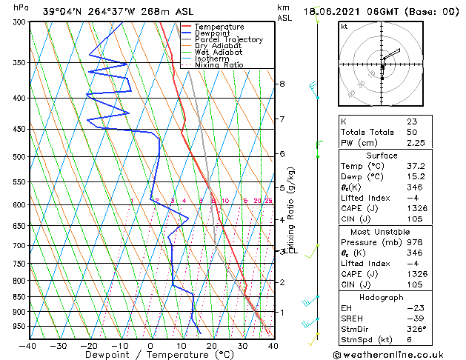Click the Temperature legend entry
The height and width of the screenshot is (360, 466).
click(x=214, y=27)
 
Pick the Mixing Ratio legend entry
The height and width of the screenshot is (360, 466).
click(x=219, y=65)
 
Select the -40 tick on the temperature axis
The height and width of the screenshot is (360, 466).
click(x=28, y=345)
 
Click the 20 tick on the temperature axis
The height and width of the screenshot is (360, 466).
click(x=211, y=345)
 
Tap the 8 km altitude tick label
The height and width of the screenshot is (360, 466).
click(x=282, y=84)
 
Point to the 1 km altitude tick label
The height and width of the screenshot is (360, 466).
click(x=282, y=312)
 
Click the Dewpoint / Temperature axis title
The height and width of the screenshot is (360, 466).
click(x=151, y=355)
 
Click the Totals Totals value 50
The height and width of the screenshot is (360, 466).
click(x=411, y=132)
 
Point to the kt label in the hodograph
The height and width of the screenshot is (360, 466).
click(x=344, y=27)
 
